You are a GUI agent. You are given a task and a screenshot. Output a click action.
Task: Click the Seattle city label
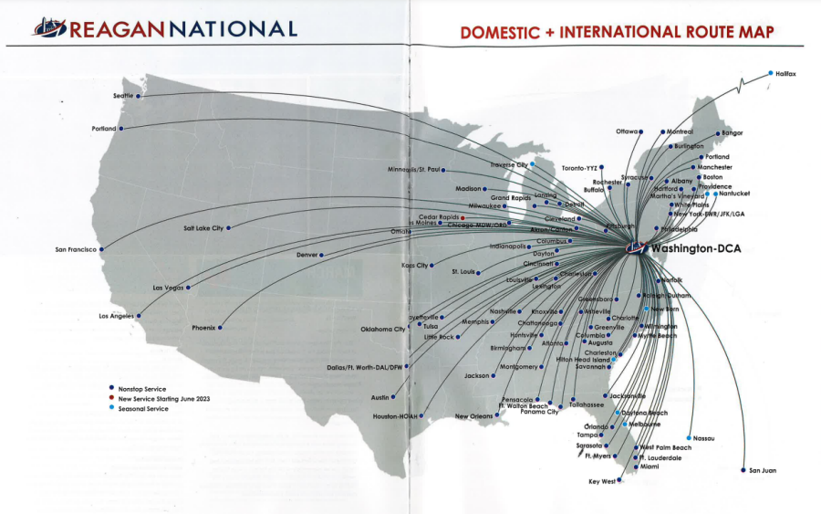(x=122, y=95)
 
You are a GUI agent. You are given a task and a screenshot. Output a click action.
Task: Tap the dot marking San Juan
(x=743, y=469)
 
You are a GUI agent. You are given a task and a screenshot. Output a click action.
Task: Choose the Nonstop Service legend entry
(x=142, y=389)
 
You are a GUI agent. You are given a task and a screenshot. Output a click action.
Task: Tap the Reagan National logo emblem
(x=50, y=30)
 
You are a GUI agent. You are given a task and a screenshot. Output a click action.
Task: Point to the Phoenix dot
(x=220, y=327)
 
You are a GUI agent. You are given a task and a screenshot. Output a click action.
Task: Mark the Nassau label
(x=703, y=438)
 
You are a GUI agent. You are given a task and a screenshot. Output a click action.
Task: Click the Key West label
(x=602, y=481)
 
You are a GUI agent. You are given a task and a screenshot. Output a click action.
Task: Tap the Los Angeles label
(x=117, y=316)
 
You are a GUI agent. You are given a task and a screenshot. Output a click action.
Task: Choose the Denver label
(x=307, y=255)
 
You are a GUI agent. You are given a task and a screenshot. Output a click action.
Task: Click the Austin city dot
(x=393, y=397)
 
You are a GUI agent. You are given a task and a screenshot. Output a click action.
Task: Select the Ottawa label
(x=628, y=131)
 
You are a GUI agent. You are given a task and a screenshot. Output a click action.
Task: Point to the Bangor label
(x=733, y=133)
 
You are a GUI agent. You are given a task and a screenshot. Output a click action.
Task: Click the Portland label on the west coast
(x=104, y=129)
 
